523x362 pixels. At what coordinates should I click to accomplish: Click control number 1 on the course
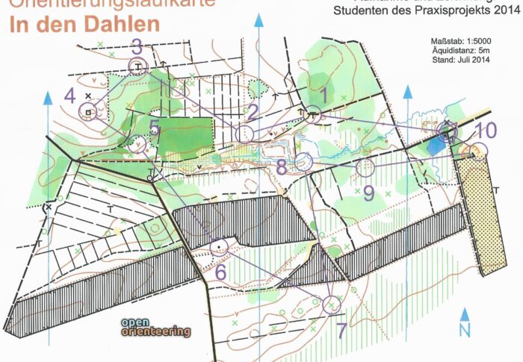324,96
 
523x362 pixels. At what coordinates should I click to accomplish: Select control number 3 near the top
136,46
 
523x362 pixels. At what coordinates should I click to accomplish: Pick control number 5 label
155,127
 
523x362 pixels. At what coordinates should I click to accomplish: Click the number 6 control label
220,272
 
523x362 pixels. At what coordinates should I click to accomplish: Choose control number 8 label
281,166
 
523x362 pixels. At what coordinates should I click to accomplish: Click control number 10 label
486,130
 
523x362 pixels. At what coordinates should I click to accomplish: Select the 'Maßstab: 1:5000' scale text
462,38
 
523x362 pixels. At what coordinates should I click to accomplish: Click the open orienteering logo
155,328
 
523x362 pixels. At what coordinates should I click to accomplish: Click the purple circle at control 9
365,167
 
